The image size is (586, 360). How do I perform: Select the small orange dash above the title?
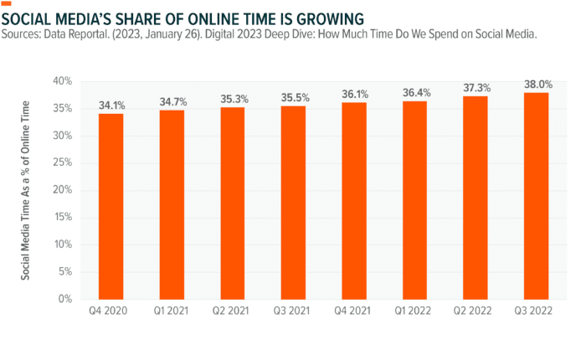8,3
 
